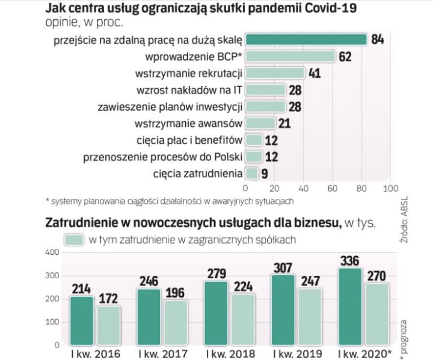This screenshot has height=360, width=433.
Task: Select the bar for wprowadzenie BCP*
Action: point(291,56)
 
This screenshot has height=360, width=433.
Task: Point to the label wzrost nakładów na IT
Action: point(198,90)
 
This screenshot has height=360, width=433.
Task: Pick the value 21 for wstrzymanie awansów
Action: point(284,124)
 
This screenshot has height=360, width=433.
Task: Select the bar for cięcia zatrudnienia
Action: point(253,174)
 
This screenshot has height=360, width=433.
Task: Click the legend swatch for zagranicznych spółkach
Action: point(73,239)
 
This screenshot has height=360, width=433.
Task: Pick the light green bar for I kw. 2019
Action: point(311,317)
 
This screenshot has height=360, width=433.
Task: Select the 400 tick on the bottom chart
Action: point(52,252)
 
